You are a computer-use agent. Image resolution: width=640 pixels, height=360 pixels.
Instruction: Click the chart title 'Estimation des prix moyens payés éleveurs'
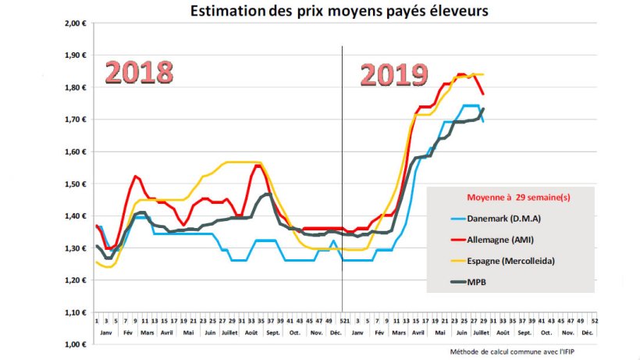(340, 11)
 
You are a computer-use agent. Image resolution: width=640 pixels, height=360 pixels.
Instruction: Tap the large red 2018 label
(139, 73)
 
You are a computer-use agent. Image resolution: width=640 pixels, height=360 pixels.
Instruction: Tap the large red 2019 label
(394, 76)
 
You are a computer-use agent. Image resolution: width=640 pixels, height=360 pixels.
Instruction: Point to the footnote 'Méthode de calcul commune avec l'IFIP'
(519, 352)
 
